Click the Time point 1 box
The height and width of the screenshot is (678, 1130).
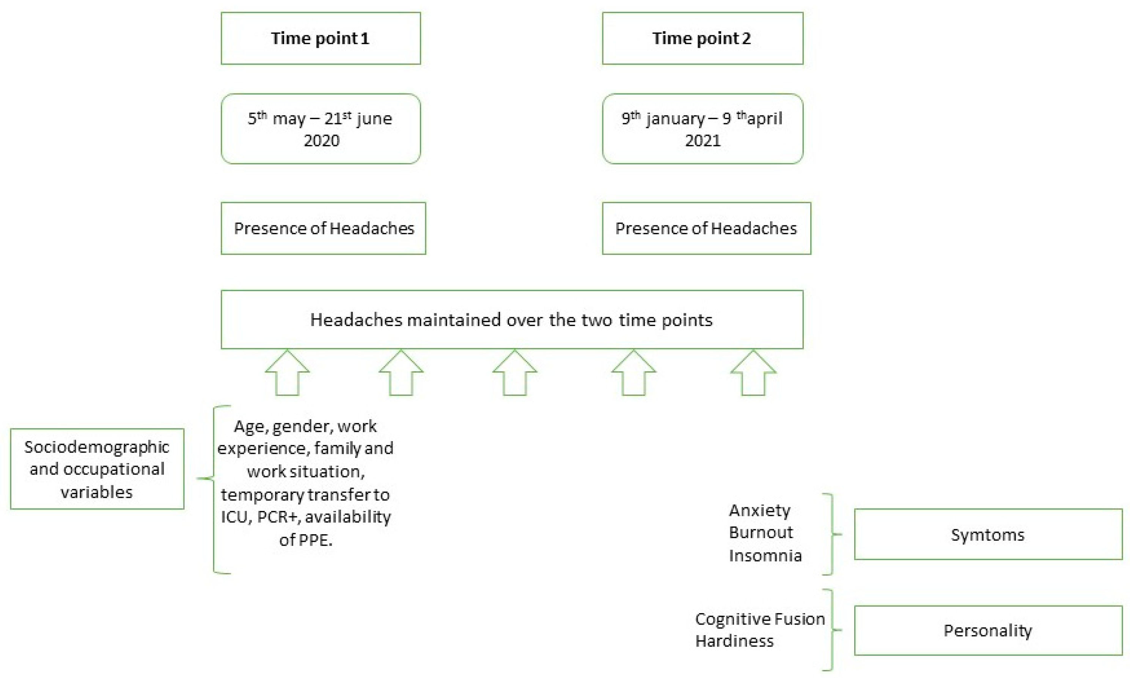click(320, 38)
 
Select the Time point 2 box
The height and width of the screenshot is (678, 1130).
click(702, 38)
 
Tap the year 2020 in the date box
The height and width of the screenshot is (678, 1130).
click(322, 140)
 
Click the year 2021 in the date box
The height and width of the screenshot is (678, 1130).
click(703, 140)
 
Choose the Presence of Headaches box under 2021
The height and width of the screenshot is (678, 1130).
click(706, 228)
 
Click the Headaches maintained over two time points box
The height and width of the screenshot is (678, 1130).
click(512, 319)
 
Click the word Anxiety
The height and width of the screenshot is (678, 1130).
click(759, 510)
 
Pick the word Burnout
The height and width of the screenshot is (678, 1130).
click(761, 532)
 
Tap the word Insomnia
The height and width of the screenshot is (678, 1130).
click(765, 555)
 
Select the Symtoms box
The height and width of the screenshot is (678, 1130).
click(988, 534)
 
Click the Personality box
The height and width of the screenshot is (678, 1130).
click(988, 630)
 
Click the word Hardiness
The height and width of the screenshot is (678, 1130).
click(734, 641)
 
